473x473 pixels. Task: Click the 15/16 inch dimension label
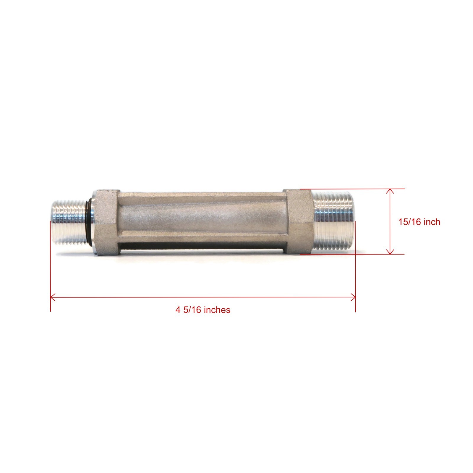click(x=419, y=222)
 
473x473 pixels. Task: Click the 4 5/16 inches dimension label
click(x=203, y=310)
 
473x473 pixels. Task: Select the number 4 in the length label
click(x=178, y=310)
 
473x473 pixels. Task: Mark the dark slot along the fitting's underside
click(x=201, y=246)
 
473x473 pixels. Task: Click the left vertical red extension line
click(x=51, y=266)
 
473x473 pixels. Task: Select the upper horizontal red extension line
click(x=352, y=189)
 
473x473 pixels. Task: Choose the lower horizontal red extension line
click(x=352, y=254)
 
